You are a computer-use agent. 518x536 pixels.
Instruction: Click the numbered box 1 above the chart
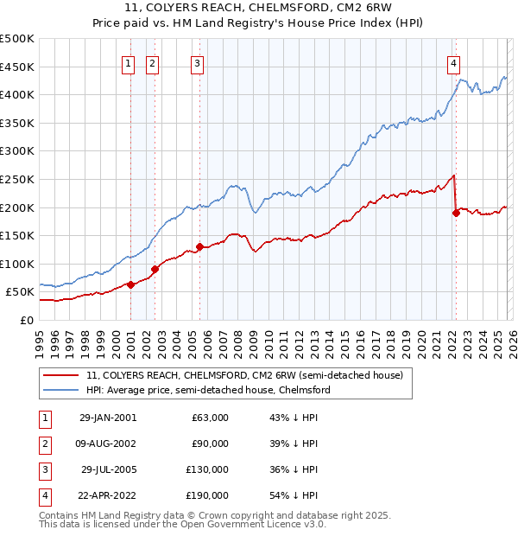[129, 62]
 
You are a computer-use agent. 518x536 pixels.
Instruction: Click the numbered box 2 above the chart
[152, 62]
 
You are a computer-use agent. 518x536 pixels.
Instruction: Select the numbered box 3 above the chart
[198, 62]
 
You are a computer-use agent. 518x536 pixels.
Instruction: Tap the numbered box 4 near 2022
[453, 62]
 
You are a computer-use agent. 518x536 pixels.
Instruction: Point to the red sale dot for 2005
[199, 246]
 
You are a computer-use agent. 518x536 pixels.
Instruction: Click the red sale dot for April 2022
[456, 213]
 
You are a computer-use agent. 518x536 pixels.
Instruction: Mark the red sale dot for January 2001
[131, 284]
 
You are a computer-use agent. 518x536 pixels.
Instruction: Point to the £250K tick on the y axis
[17, 179]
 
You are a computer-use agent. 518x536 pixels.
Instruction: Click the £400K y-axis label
[17, 94]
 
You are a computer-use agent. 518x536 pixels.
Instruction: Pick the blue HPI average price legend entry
[207, 391]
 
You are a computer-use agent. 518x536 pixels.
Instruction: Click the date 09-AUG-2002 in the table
[107, 443]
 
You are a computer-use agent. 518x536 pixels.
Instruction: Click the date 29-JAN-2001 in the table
[107, 418]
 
